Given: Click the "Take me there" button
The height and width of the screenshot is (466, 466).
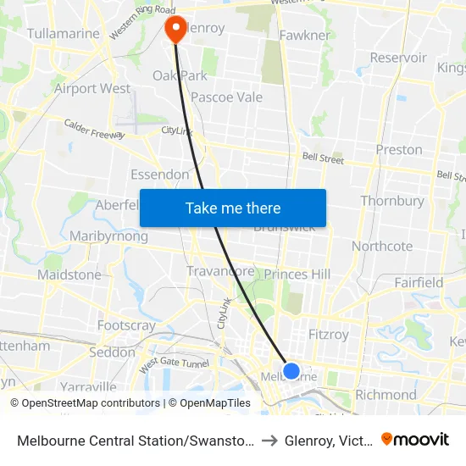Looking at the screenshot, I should pos(233,208).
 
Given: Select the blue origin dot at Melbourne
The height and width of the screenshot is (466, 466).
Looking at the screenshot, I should pos(291,370).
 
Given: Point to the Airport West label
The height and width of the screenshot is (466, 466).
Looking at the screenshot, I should pos(92,88).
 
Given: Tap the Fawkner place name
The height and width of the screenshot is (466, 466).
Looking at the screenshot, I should pos(304,36).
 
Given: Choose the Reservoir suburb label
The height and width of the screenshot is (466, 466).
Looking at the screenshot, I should pos(398,58).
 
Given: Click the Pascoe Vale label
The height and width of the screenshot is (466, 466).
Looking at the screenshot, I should pos(226,97).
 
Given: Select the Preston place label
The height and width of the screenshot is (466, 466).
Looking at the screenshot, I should pos(398,150).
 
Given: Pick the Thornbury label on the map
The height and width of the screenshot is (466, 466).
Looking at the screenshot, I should pos(391,201).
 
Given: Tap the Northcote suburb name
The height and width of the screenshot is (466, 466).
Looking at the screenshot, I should pos(382,247).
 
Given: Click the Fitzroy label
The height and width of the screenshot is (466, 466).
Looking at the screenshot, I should pos(329,335).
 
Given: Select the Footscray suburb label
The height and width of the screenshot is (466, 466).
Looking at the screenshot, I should pos(126,325).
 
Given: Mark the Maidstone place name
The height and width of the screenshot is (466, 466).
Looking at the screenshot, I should pos(69,275).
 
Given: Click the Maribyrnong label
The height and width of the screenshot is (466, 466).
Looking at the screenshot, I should pos(108,236).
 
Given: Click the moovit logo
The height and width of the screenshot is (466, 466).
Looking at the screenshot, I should pos(415,440).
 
